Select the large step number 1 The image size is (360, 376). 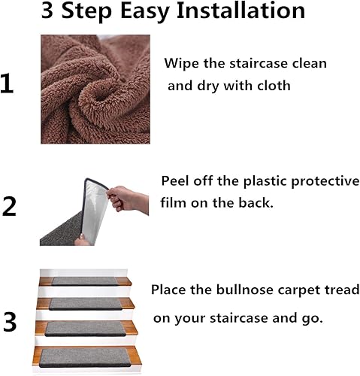coord(8,83)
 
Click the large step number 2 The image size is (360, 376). coord(9,205)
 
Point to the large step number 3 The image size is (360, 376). coord(9,322)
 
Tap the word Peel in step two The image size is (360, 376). coord(177,183)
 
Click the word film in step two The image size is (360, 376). coord(174,204)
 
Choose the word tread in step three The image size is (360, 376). coord(341,290)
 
